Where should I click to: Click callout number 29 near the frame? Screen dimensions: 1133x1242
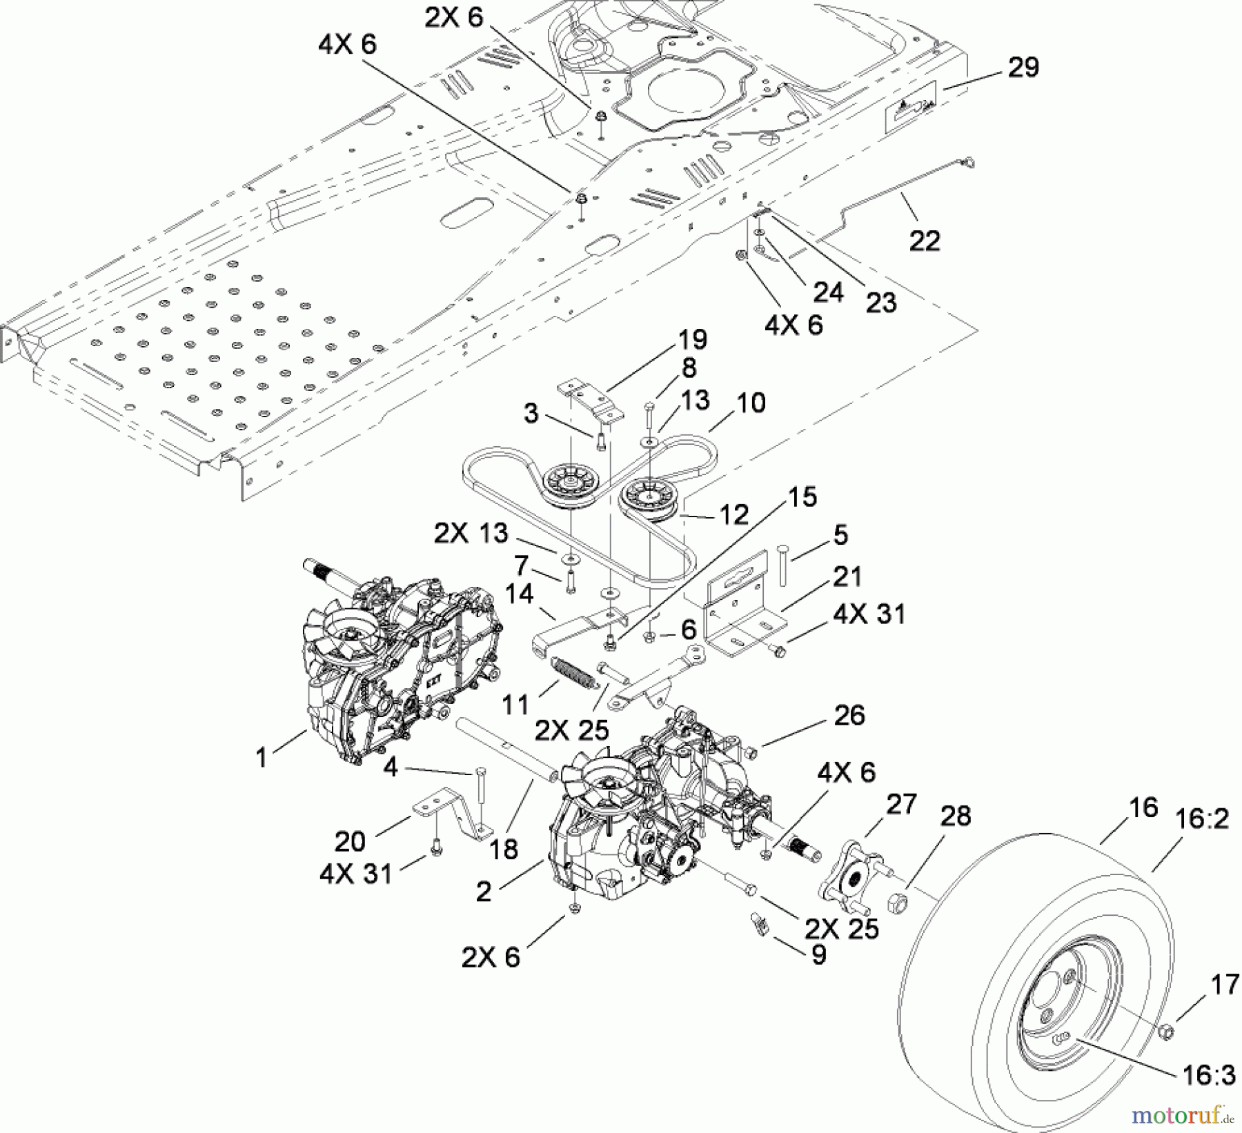coord(1023,68)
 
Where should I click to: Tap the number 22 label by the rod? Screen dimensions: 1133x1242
coord(925,241)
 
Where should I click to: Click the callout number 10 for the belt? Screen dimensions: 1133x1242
coord(751,402)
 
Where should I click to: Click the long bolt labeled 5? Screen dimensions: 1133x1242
coord(783,565)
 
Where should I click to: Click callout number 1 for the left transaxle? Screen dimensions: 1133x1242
coord(261,757)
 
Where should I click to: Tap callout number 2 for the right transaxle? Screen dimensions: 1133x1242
coord(484,892)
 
